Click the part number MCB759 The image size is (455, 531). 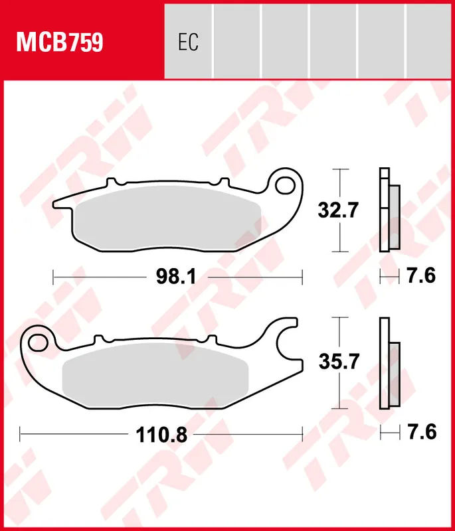point(60,42)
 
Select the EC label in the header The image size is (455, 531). point(188,42)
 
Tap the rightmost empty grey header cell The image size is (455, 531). point(430,39)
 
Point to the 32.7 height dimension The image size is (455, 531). point(339,211)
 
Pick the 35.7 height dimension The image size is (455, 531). point(339,362)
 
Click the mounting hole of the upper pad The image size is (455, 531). point(287,185)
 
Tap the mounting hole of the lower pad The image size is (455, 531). point(38,342)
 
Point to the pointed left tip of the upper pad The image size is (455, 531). point(54,200)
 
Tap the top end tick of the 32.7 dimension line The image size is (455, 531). point(339,170)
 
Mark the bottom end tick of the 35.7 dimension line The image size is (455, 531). point(339,409)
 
